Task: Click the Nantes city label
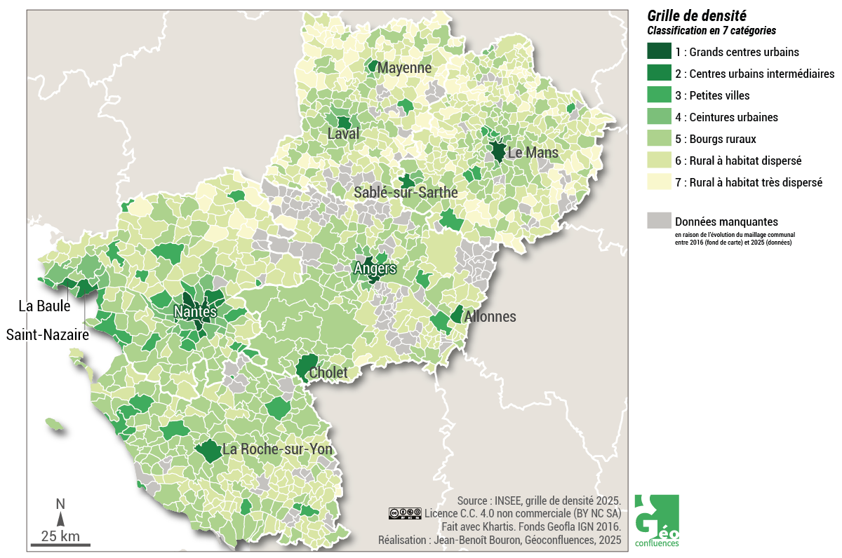point(196,311)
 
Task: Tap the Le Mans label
point(533,152)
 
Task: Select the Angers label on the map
point(375,268)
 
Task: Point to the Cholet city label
point(328,373)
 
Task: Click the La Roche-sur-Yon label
point(277,449)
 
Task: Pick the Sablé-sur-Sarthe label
point(406,192)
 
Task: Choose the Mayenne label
point(403,68)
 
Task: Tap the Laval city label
point(343,133)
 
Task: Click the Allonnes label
point(490,317)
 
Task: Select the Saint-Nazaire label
point(48,335)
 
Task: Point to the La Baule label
point(44,306)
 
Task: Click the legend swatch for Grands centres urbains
point(658,52)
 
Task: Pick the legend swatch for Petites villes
point(658,95)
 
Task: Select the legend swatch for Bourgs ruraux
point(658,139)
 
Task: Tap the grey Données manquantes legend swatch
point(658,221)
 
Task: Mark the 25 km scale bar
point(60,544)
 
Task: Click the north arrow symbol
point(60,517)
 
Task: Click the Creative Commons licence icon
point(405,514)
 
